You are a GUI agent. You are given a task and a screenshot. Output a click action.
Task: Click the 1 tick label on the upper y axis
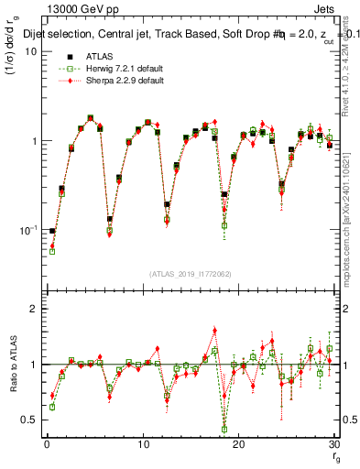[35, 141]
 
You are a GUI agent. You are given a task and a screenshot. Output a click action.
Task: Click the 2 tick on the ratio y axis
[35, 310]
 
